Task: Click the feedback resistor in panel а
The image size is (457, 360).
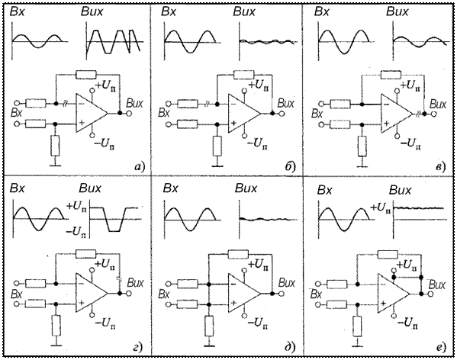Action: pyautogui.click(x=85, y=75)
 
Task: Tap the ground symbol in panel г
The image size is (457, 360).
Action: pyautogui.click(x=56, y=346)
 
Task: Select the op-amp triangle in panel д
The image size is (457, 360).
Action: pyautogui.click(x=244, y=294)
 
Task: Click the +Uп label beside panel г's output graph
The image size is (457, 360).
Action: pyautogui.click(x=76, y=207)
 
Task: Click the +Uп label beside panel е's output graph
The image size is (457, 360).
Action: pyautogui.click(x=380, y=208)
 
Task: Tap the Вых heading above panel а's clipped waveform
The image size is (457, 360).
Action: pyautogui.click(x=92, y=12)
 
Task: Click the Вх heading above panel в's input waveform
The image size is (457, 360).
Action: pyautogui.click(x=322, y=12)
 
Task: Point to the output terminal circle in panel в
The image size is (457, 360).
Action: pyautogui.click(x=433, y=114)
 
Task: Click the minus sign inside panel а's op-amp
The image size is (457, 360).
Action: pyautogui.click(x=81, y=104)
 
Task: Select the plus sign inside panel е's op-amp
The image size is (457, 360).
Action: pyautogui.click(x=384, y=304)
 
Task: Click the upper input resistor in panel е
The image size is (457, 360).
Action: pyautogui.click(x=337, y=284)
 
